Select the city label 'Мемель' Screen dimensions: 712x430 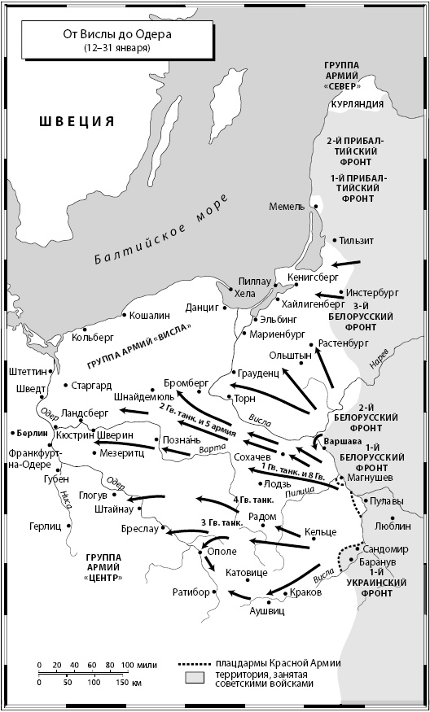pos(287,207)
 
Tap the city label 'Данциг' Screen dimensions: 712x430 pos(203,308)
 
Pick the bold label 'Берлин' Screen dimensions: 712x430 pos(29,434)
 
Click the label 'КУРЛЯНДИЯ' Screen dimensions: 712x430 pos(356,106)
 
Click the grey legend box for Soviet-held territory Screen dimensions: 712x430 pos(193,678)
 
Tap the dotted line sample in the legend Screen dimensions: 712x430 pos(193,663)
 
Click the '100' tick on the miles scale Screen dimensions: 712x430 pos(128,665)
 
